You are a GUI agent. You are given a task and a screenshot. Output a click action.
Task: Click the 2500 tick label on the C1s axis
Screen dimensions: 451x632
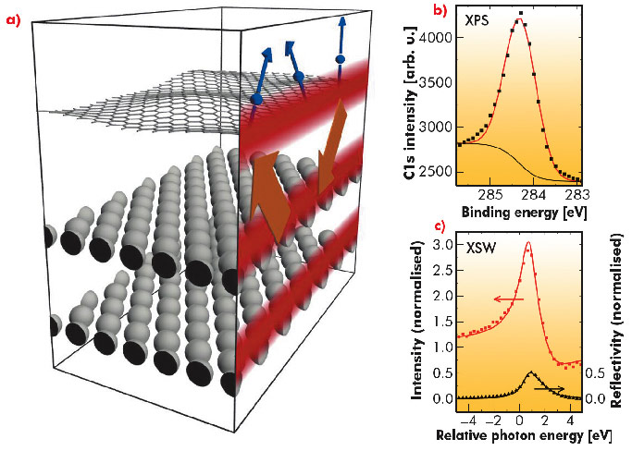point(438,173)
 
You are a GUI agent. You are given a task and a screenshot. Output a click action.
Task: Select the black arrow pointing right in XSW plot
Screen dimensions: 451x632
point(550,389)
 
